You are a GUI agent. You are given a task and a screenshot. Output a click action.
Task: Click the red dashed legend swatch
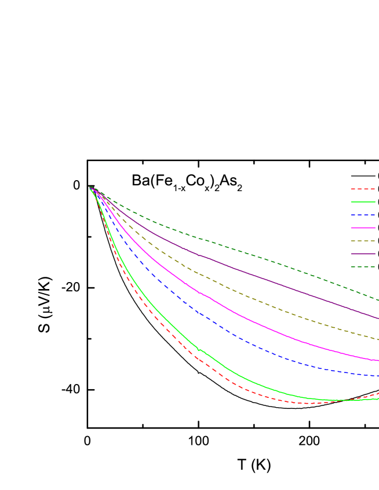(363, 189)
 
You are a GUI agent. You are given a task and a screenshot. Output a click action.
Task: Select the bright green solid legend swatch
(363, 202)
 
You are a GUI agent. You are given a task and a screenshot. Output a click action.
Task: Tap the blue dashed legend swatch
(363, 215)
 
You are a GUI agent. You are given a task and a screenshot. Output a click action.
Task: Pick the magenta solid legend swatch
(363, 228)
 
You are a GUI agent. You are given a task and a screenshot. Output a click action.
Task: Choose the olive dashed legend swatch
(363, 241)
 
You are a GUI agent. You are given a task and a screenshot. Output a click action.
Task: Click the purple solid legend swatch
(363, 254)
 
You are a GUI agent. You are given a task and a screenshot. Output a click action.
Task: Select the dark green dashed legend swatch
(363, 266)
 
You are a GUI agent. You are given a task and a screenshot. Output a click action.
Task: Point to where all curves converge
(90, 188)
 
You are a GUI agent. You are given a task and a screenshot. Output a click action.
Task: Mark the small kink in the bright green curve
(198, 350)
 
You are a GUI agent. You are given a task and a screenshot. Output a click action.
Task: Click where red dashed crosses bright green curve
(348, 400)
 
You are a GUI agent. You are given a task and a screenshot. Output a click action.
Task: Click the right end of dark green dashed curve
(378, 300)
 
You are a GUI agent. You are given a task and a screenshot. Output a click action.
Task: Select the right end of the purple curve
(378, 318)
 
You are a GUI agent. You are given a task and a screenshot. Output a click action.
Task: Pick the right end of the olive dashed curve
(378, 339)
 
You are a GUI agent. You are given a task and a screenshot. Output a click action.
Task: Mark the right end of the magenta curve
(378, 360)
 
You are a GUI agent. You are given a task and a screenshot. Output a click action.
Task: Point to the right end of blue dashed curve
(378, 376)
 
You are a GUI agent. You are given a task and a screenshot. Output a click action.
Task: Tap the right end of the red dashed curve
(378, 393)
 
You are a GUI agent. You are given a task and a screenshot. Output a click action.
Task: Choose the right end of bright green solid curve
(378, 398)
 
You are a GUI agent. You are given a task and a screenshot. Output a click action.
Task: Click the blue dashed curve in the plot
(232, 334)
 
